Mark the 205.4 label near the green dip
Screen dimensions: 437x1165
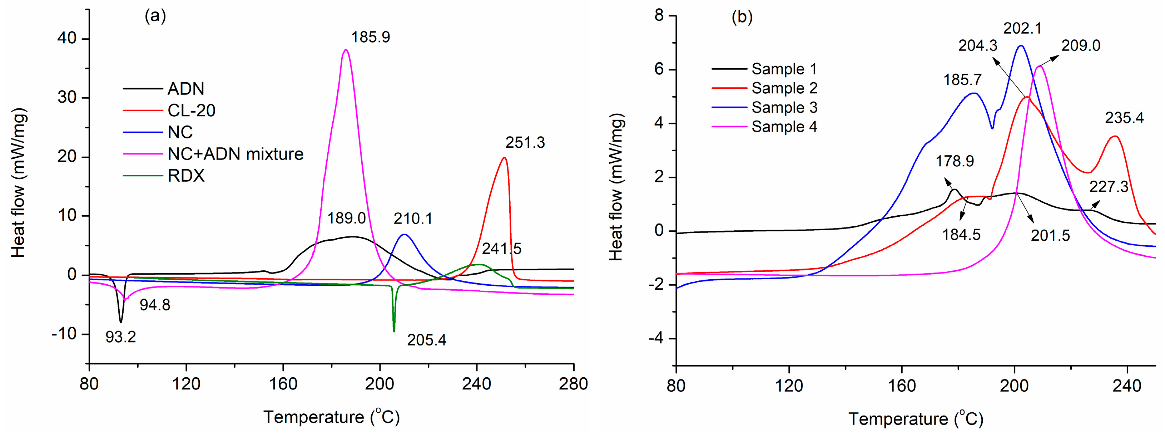(x=426, y=340)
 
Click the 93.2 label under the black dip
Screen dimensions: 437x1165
(x=121, y=337)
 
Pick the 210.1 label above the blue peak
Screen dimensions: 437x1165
(x=412, y=219)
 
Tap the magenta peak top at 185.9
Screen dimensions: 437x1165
(x=346, y=50)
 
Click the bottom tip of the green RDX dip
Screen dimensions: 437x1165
(x=394, y=331)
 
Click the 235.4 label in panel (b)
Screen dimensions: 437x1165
(x=1124, y=118)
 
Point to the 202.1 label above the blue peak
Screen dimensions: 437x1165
(x=1022, y=29)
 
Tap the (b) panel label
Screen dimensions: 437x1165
(x=742, y=17)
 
